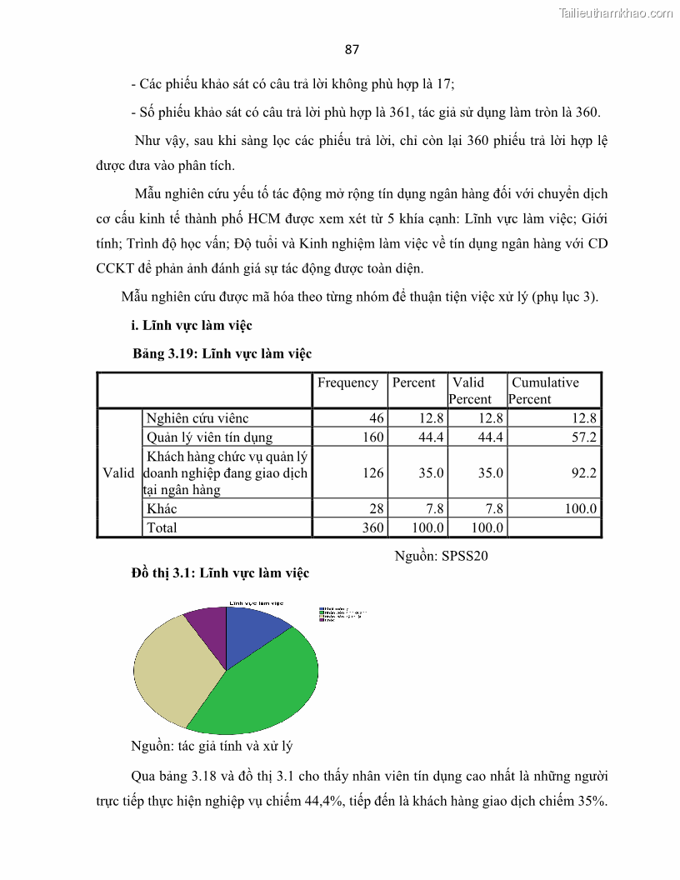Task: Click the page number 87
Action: point(352,49)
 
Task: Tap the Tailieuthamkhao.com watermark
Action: point(615,12)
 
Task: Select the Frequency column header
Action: point(347,382)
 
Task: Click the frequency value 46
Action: point(376,418)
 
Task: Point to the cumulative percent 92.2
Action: point(582,472)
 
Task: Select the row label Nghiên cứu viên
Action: point(197,418)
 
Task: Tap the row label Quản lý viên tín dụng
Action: point(209,437)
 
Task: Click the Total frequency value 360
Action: point(372,527)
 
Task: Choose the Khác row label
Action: point(162,508)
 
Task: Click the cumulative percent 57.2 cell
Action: point(582,437)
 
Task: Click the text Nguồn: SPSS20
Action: point(440,556)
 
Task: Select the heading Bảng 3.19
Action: point(222,353)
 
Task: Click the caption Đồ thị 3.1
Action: point(220,572)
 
